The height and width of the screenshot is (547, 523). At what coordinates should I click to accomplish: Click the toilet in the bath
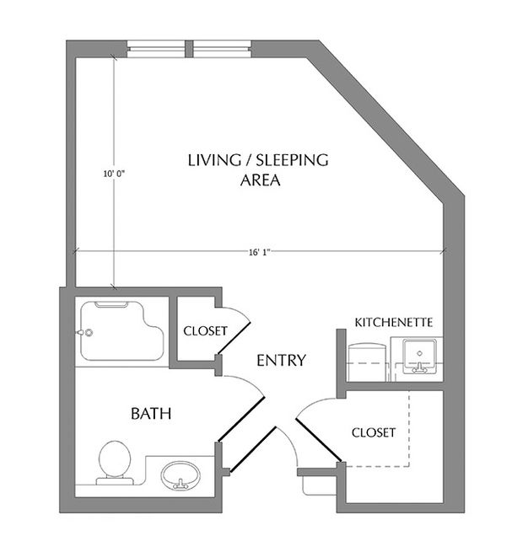[x=115, y=462]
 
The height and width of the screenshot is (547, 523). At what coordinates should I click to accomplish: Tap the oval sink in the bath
[x=181, y=475]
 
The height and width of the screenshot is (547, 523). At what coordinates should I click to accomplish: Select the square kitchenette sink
[x=419, y=356]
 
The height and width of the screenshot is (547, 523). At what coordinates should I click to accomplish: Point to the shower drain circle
[x=89, y=332]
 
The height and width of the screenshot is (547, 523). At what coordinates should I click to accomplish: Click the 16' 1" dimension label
[x=260, y=252]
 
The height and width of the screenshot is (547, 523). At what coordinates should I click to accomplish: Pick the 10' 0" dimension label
[x=114, y=174]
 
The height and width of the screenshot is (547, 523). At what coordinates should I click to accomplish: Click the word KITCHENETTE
[x=394, y=322]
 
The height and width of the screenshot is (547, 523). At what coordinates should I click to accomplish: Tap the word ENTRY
[x=282, y=361]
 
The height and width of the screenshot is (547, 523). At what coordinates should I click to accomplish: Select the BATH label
[x=151, y=414]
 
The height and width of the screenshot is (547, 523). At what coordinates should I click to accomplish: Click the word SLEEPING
[x=292, y=160]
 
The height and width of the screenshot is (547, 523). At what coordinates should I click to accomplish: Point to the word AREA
[x=261, y=180]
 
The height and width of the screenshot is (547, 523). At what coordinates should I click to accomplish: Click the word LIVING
[x=214, y=160]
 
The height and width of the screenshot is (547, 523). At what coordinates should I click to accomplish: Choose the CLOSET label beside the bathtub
[x=205, y=330]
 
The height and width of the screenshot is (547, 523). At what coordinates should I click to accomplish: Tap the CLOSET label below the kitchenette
[x=374, y=432]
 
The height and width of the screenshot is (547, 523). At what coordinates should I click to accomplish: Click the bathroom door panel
[x=241, y=420]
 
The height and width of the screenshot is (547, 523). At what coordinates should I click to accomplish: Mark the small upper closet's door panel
[x=234, y=338]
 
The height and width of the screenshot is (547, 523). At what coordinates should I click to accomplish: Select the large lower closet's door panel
[x=318, y=440]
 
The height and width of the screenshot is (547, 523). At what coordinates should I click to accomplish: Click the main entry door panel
[x=253, y=450]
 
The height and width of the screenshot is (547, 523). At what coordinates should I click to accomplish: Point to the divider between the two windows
[x=188, y=49]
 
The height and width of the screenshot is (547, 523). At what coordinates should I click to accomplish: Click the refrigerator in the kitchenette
[x=368, y=362]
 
